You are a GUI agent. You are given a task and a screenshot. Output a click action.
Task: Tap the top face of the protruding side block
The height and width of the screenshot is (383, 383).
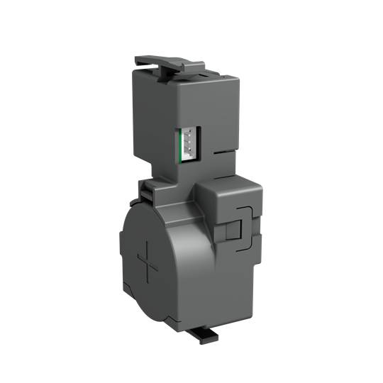(228, 182)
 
